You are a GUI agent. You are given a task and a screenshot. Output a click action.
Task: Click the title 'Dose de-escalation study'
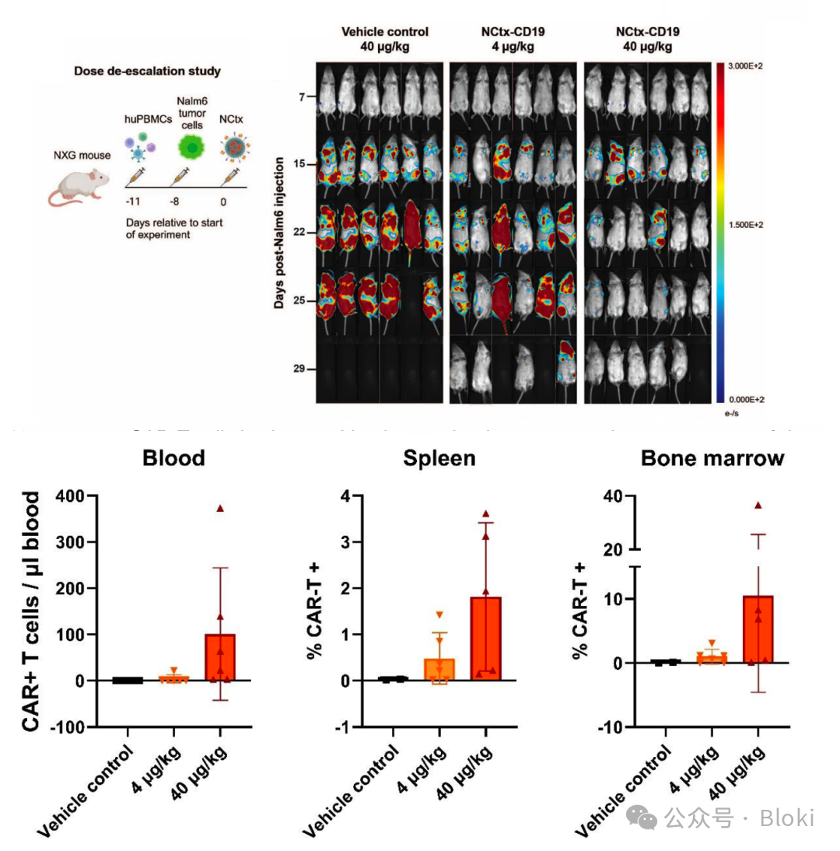tap(147, 71)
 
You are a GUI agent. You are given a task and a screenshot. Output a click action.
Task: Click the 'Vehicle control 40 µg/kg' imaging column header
tap(384, 38)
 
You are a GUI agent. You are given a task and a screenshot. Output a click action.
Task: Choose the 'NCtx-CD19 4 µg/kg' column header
tap(513, 38)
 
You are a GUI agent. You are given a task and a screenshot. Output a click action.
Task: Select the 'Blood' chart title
tap(173, 458)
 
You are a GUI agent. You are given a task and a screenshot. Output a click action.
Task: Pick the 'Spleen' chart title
tap(439, 458)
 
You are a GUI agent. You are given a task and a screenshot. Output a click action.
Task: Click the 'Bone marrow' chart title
tap(712, 458)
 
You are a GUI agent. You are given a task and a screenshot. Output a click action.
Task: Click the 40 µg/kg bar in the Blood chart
tap(220, 657)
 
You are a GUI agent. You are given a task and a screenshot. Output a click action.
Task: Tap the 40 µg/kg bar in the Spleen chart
tap(485, 639)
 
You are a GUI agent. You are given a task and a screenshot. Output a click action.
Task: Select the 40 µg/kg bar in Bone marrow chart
tap(758, 629)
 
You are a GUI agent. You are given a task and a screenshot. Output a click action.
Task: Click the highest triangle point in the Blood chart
tap(220, 508)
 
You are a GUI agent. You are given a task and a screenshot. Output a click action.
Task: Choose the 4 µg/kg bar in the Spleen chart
tap(439, 670)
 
